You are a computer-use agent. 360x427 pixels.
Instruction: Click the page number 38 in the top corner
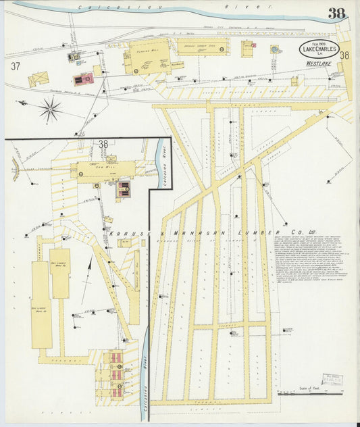(338, 13)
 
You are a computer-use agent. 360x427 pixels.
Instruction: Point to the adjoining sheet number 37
(16, 66)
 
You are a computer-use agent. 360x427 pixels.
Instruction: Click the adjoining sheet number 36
(344, 55)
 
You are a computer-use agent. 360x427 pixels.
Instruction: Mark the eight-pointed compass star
(50, 109)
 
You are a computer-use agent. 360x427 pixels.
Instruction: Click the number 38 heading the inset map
(103, 144)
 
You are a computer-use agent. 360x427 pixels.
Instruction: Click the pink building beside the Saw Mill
(124, 189)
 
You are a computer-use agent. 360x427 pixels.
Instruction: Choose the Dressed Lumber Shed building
(201, 47)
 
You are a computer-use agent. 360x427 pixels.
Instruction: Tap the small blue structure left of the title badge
(275, 49)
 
